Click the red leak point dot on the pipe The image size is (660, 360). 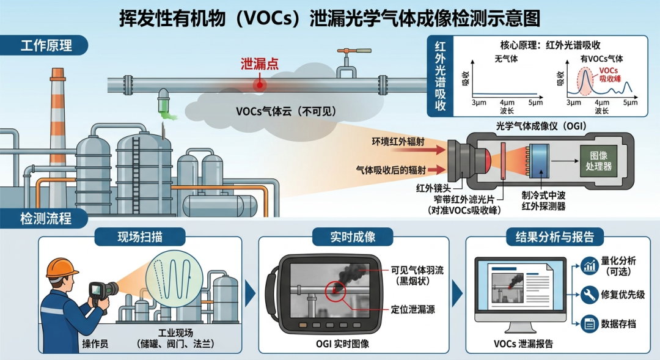coord(260,85)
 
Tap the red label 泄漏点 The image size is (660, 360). coord(259,64)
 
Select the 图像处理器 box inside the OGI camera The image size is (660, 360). coord(598,161)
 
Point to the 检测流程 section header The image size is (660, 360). coord(44,219)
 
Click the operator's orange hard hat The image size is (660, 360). coord(62,268)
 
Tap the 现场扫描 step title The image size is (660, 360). coord(140,237)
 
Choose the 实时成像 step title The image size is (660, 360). coord(353,237)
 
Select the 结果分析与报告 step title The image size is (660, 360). coord(555,237)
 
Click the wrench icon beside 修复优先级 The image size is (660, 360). coord(589,295)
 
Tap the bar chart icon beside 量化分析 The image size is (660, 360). coord(589,266)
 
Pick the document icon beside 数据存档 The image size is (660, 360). coord(589,324)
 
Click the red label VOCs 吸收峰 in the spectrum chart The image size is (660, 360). coord(609,75)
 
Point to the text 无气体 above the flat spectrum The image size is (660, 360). coord(506,59)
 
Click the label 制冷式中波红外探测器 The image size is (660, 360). coord(543,201)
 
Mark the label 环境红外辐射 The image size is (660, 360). coord(398,141)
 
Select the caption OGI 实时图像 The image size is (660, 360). coord(342,344)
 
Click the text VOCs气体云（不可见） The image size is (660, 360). coord(286,111)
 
